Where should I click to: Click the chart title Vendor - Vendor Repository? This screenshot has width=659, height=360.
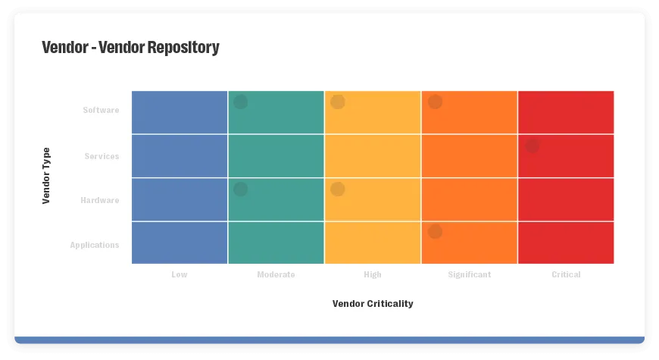(x=130, y=48)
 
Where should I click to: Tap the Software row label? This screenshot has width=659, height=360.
(x=101, y=111)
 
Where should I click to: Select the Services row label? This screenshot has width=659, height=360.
(x=102, y=157)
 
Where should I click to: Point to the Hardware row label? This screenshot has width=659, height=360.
(x=100, y=201)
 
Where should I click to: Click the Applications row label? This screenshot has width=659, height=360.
(x=95, y=246)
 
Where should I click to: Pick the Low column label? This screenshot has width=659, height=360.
(x=180, y=275)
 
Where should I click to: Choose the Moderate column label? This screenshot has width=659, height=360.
(x=276, y=275)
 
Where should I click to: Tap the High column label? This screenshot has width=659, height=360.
(x=373, y=275)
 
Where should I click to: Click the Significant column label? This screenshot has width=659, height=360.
(x=469, y=275)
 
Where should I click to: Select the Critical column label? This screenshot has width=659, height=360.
(x=566, y=275)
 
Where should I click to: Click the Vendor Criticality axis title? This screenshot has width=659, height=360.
(x=373, y=304)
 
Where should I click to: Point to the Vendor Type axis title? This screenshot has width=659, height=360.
(x=46, y=176)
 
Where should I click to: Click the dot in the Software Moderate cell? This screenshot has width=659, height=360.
(x=240, y=102)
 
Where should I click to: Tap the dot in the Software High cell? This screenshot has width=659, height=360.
(x=338, y=102)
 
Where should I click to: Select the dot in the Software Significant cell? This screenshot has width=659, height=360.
(x=435, y=102)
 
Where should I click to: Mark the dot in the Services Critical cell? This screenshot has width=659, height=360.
(x=533, y=146)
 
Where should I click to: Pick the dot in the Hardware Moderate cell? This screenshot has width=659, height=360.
(x=240, y=189)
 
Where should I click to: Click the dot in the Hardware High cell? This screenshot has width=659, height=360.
(x=338, y=189)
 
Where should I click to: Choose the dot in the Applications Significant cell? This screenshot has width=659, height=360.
(x=435, y=232)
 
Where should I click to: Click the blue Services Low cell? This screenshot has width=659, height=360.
(x=180, y=156)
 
